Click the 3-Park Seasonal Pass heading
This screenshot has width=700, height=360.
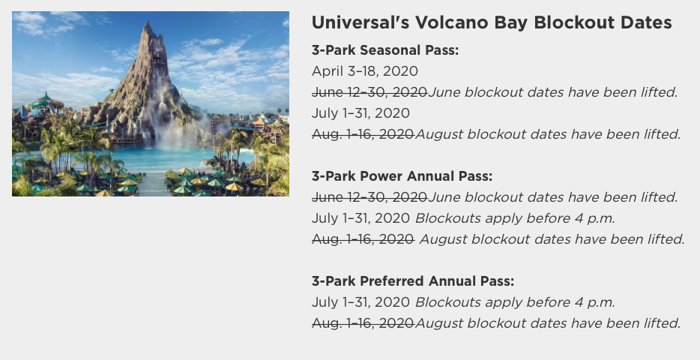384,50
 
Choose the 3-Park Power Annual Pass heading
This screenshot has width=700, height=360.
402,176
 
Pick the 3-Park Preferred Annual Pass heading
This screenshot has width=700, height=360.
413,281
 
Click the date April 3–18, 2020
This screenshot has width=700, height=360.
365,71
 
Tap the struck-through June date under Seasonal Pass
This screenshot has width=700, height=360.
369,92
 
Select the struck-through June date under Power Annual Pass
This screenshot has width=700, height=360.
369,197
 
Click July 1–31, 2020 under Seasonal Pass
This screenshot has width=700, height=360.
360,113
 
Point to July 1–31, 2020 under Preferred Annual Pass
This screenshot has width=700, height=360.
360,302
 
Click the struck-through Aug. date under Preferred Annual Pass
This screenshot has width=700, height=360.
363,323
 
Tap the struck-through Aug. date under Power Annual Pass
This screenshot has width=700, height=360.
363,239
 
